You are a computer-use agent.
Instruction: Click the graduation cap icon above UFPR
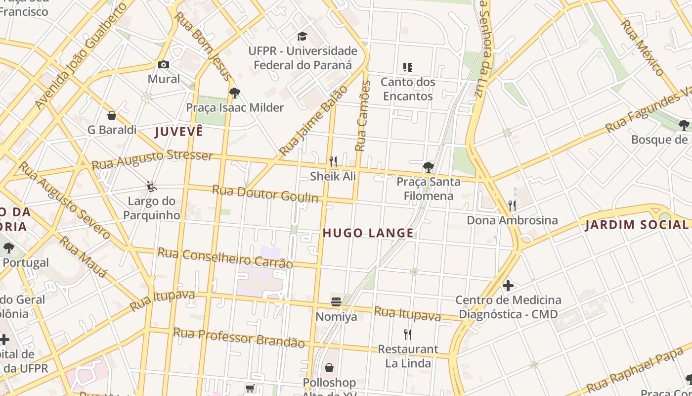pyautogui.click(x=302, y=36)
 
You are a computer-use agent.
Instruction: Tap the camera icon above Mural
pyautogui.click(x=164, y=64)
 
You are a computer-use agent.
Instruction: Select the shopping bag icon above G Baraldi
pyautogui.click(x=112, y=115)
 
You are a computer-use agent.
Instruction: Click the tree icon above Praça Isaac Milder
pyautogui.click(x=235, y=93)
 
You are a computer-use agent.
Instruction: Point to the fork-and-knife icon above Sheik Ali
pyautogui.click(x=333, y=161)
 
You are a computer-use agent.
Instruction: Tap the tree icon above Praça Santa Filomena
pyautogui.click(x=428, y=167)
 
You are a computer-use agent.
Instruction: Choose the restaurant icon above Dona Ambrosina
pyautogui.click(x=512, y=205)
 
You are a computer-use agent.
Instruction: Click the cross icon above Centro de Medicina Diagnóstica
pyautogui.click(x=508, y=286)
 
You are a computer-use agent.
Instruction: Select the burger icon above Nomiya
pyautogui.click(x=336, y=302)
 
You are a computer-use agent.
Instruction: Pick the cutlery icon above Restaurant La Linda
pyautogui.click(x=408, y=335)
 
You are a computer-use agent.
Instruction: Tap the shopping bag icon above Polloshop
pyautogui.click(x=329, y=368)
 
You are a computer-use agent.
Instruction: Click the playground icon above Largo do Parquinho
pyautogui.click(x=151, y=187)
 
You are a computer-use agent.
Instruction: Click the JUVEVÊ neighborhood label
pyautogui.click(x=179, y=132)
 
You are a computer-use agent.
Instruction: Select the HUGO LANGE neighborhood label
pyautogui.click(x=368, y=233)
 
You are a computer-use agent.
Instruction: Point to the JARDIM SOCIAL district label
pyautogui.click(x=638, y=225)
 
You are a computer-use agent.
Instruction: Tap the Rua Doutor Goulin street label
pyautogui.click(x=265, y=194)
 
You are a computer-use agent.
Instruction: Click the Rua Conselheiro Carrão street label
pyautogui.click(x=225, y=258)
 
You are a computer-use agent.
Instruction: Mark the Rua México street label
pyautogui.click(x=643, y=48)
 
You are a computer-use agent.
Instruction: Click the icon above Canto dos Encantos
pyautogui.click(x=408, y=67)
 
